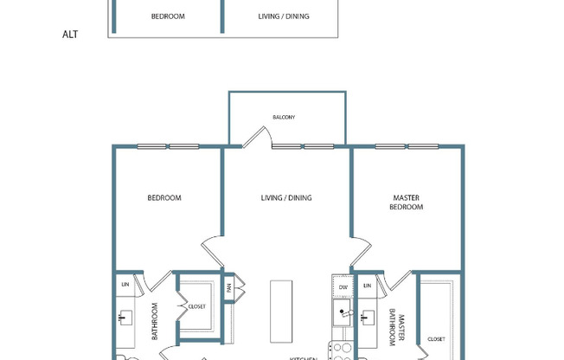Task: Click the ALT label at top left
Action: (x=71, y=35)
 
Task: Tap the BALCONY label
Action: (x=284, y=117)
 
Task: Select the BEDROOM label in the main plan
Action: (x=164, y=198)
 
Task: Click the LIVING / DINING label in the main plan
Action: (x=286, y=198)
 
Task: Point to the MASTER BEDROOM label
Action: (x=406, y=202)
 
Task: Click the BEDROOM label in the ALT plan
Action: (x=168, y=16)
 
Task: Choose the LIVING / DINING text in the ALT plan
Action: (x=284, y=16)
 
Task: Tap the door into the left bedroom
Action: (x=212, y=249)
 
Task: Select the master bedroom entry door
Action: (x=362, y=250)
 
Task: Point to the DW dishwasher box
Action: (x=343, y=286)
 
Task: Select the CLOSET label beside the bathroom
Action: (x=197, y=305)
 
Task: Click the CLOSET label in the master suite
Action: (x=436, y=339)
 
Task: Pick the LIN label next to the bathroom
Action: (x=125, y=285)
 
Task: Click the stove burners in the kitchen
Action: (x=342, y=350)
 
